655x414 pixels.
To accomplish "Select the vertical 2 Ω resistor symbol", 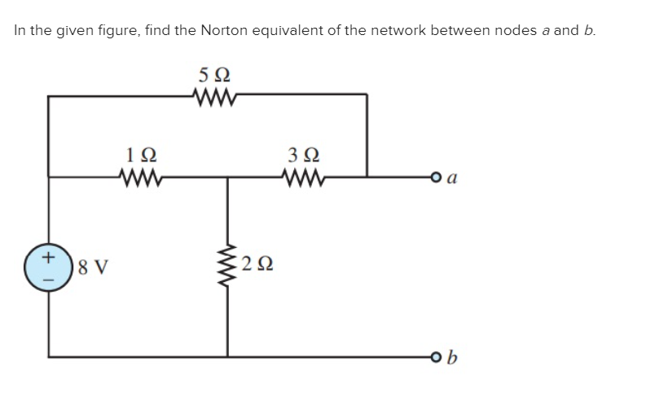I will [228, 265].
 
